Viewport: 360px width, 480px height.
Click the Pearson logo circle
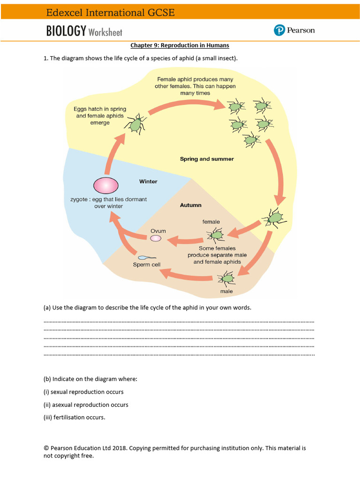279,30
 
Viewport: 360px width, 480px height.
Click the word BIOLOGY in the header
66,31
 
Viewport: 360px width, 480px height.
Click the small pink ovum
155,239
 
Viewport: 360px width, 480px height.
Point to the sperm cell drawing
143,257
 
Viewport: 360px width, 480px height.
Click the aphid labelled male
227,278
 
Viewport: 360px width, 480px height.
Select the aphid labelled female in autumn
216,234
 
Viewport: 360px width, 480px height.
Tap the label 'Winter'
148,181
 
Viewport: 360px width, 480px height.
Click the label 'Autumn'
190,205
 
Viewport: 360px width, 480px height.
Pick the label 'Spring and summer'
207,159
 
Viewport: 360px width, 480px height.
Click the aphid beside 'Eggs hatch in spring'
135,124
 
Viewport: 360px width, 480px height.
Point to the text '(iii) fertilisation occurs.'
74,417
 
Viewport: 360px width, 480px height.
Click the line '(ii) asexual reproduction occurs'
86,405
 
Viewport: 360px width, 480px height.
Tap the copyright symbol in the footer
46,448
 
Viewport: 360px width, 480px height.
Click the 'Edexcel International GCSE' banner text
110,13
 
